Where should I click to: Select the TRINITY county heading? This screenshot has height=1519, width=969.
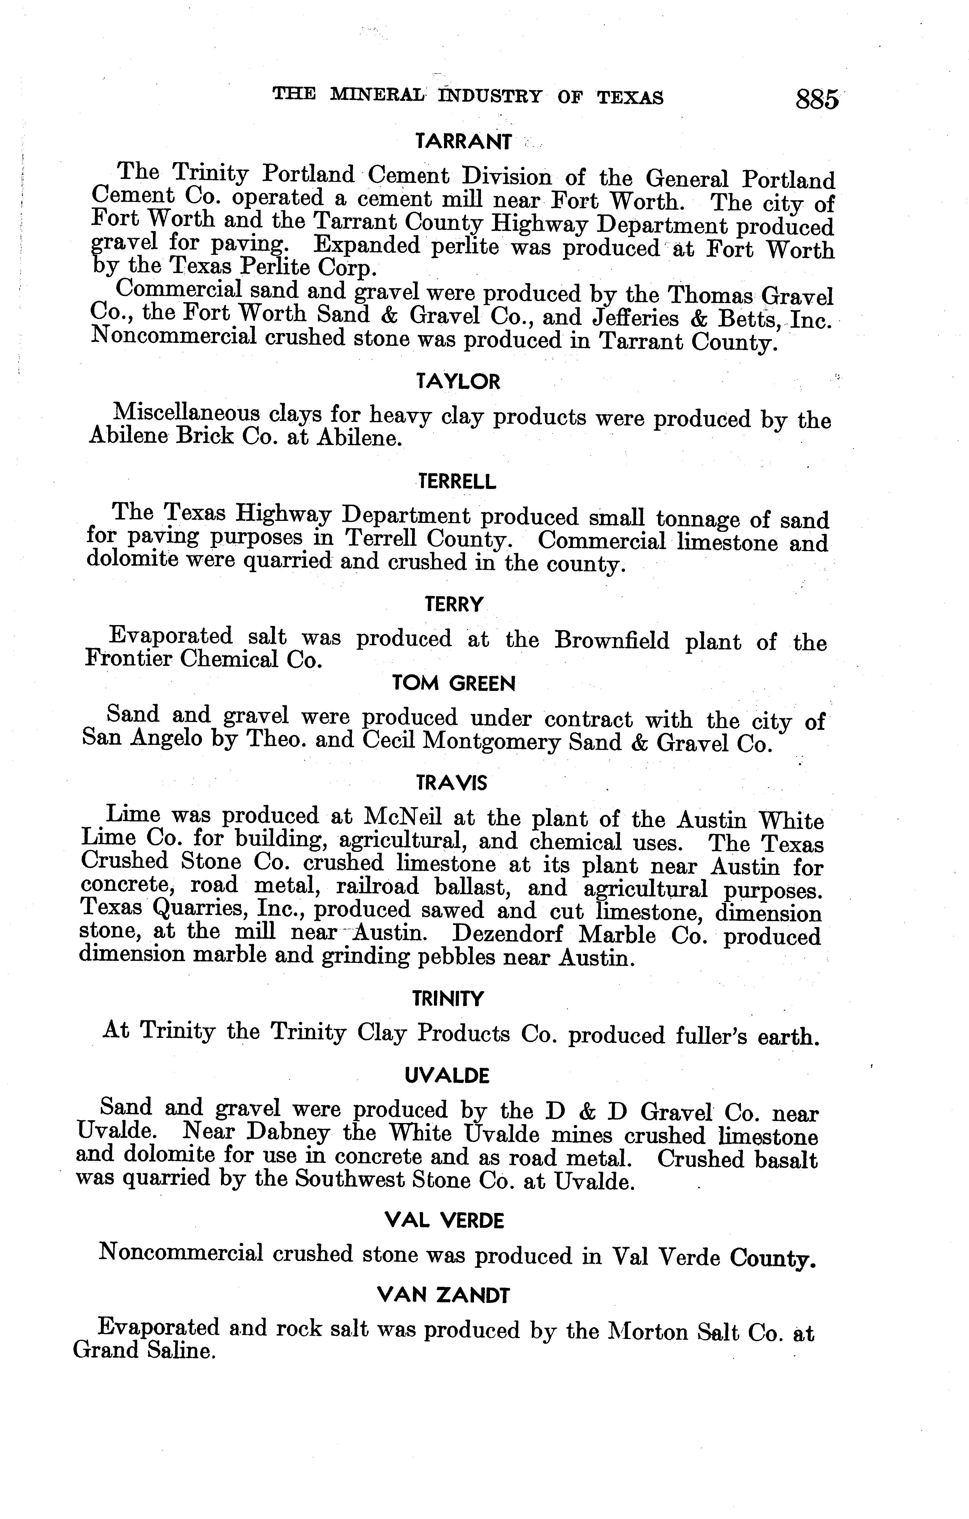pos(448,999)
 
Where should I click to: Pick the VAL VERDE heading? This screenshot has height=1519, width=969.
pos(445,1221)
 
